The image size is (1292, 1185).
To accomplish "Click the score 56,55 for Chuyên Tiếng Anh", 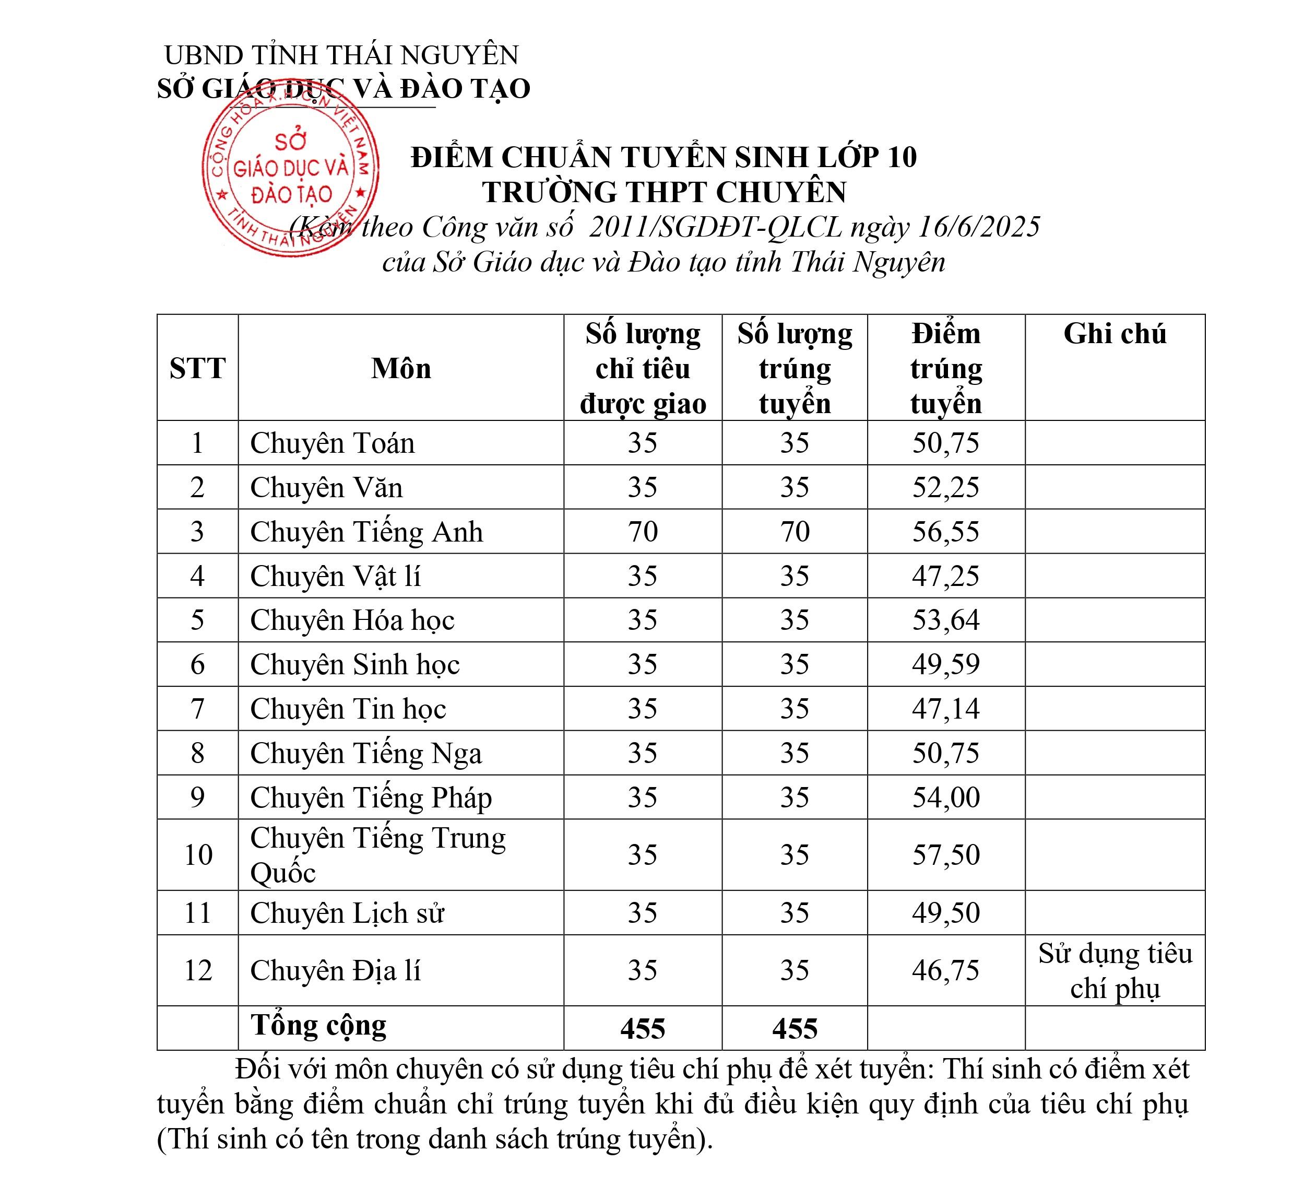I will click(945, 532).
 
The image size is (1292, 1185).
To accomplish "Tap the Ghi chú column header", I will click(1115, 333).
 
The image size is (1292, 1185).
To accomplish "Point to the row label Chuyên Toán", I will click(332, 443).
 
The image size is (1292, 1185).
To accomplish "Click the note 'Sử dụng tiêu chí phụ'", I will click(1115, 971).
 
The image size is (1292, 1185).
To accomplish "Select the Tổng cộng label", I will click(318, 1025).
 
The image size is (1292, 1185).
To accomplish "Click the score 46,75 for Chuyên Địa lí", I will click(945, 970).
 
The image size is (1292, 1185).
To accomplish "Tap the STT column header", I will click(197, 369).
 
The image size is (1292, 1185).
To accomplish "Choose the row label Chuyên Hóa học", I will click(352, 620).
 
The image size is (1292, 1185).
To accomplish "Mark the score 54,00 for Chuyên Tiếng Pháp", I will click(945, 797).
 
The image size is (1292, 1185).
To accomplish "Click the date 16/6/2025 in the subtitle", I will click(979, 227).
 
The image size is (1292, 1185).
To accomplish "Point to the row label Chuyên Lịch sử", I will click(347, 913).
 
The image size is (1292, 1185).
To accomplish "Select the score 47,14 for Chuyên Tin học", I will click(945, 709).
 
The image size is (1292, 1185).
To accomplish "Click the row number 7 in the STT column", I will click(197, 709).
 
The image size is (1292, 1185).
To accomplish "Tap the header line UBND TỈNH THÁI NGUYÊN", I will click(341, 55).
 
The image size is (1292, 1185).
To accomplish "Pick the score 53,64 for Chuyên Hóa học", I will click(945, 620).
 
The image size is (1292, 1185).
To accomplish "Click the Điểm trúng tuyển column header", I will click(945, 369).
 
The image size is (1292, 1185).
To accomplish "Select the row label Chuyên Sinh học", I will click(354, 664).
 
